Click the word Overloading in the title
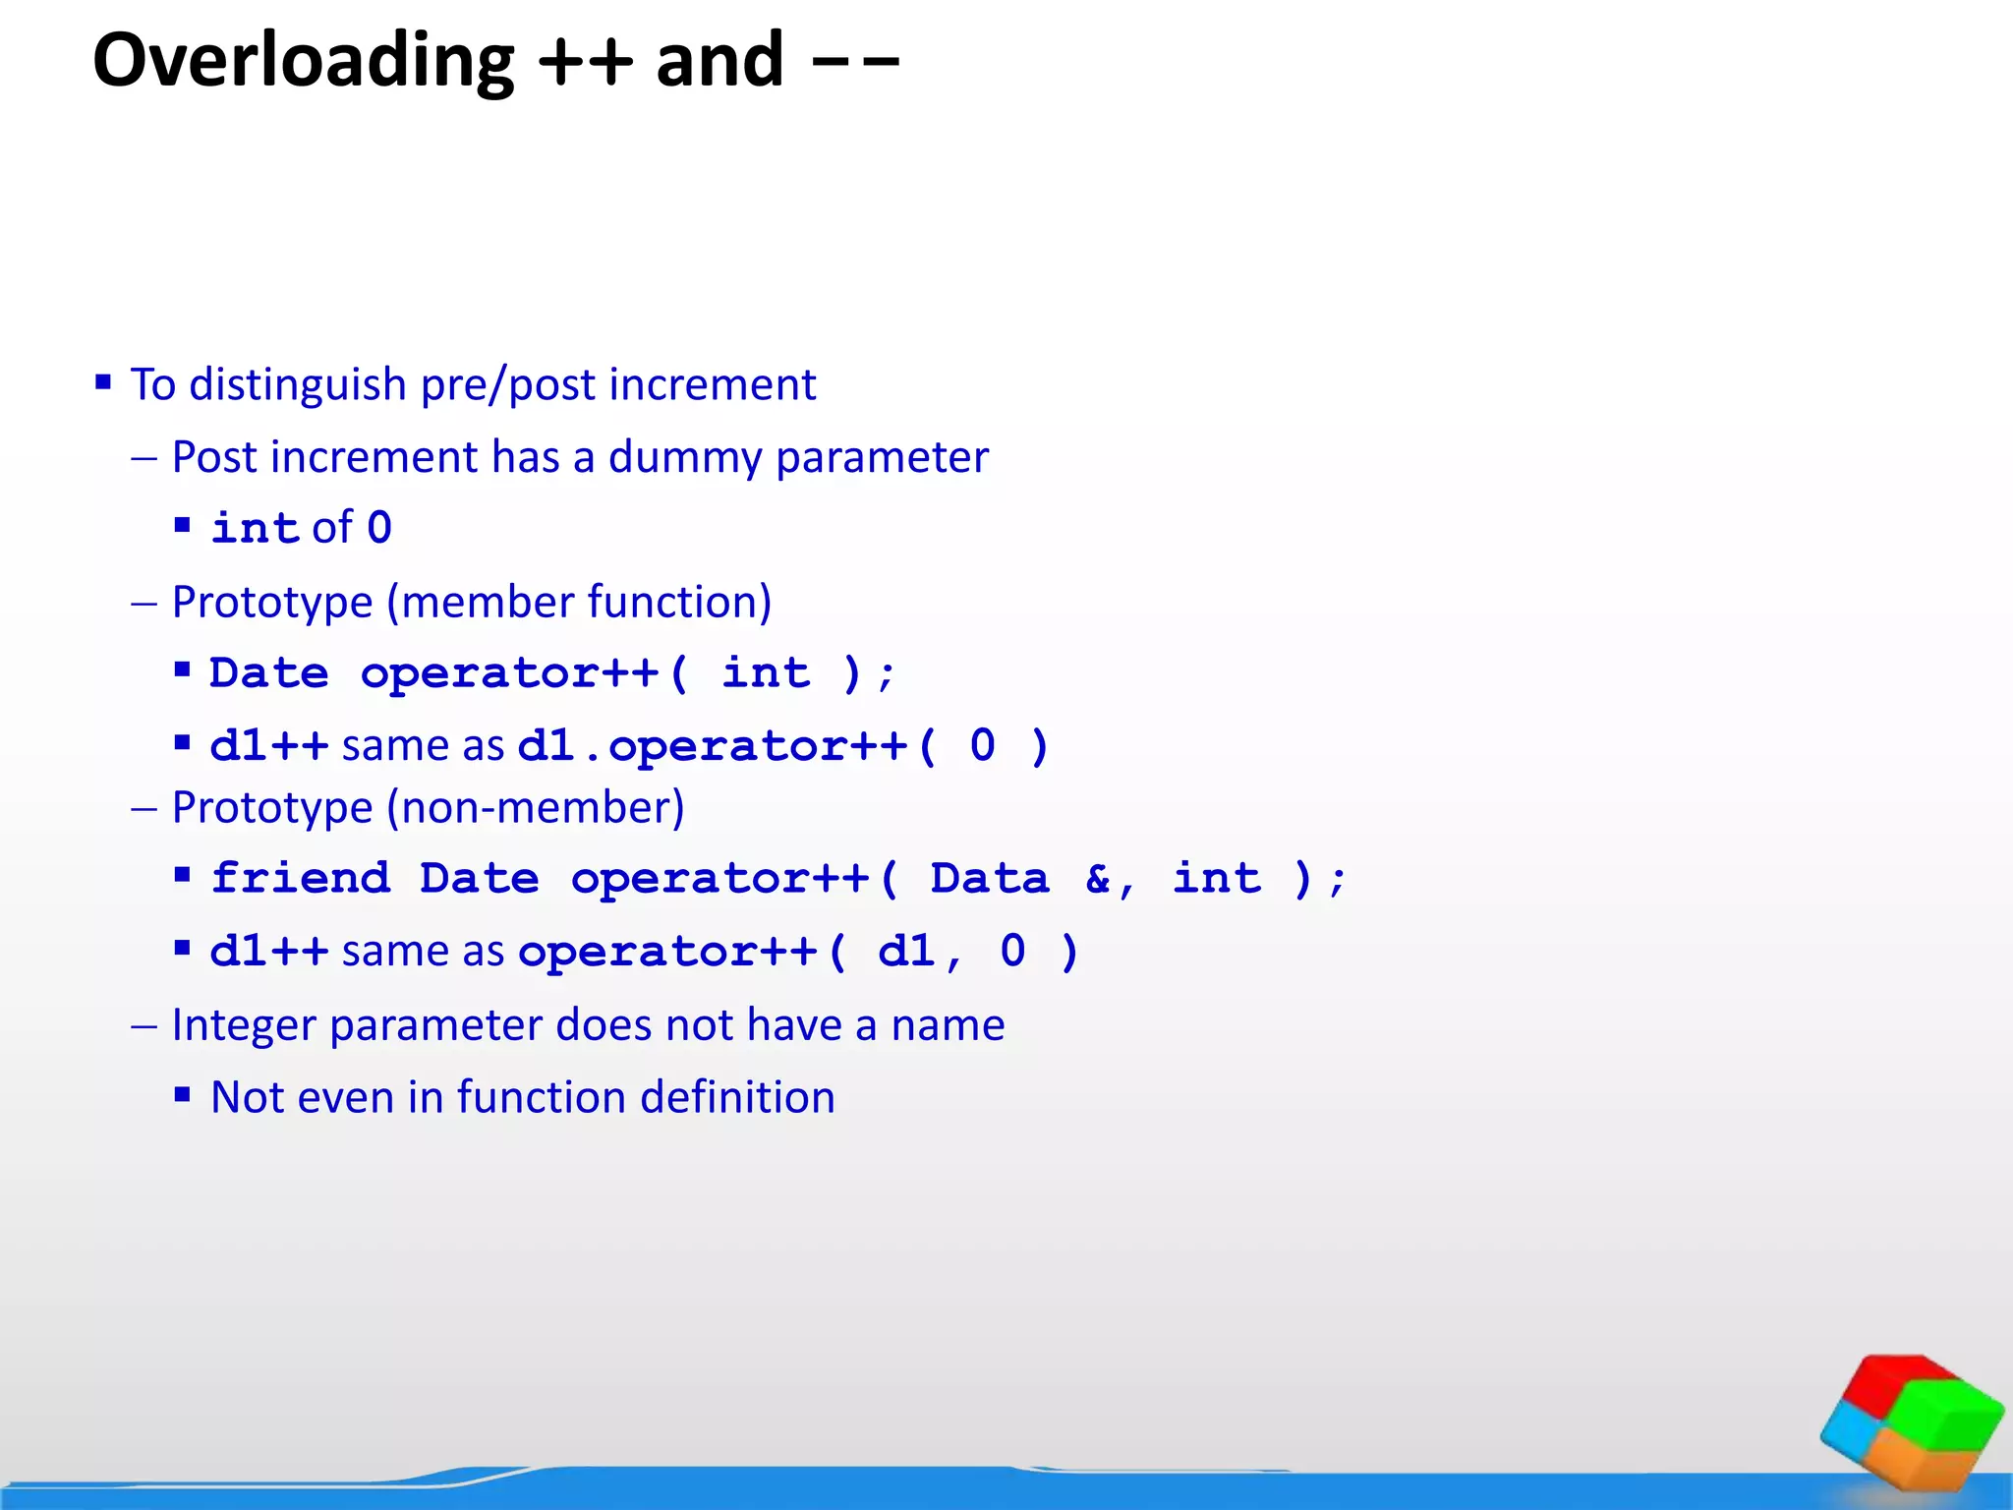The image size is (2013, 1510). point(303,61)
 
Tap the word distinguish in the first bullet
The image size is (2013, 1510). point(298,384)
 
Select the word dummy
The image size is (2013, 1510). point(684,458)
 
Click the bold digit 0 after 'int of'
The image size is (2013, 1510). point(379,528)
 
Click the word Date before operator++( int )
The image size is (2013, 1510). point(268,673)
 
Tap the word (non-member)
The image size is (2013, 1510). point(536,808)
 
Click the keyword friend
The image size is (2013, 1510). point(301,878)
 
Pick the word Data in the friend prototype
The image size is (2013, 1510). point(989,878)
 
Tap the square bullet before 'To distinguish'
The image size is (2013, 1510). point(103,381)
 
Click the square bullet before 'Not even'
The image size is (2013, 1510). point(182,1094)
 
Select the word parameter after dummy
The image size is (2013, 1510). point(882,458)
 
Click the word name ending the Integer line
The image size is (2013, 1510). point(948,1025)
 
